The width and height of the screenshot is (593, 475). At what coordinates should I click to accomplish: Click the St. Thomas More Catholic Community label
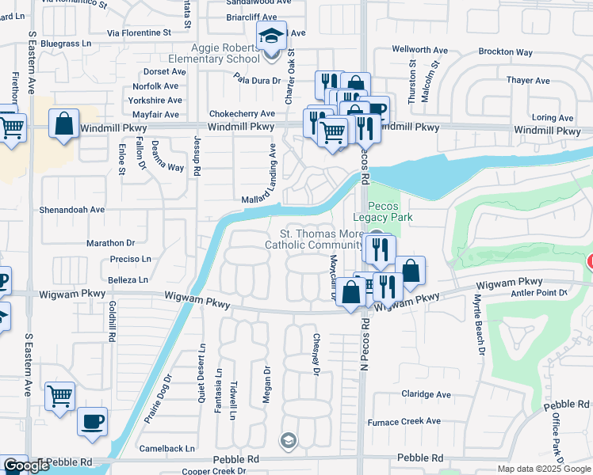(324, 240)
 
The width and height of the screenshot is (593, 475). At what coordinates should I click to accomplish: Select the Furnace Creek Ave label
(409, 421)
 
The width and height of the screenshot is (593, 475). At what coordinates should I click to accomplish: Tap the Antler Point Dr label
(541, 293)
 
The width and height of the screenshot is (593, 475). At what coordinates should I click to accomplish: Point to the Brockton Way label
(506, 51)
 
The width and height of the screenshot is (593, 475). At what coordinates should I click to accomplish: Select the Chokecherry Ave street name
(242, 114)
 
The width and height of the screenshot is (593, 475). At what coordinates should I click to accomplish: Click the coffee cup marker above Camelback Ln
(93, 420)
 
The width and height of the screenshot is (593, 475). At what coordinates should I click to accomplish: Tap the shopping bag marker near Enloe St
(63, 124)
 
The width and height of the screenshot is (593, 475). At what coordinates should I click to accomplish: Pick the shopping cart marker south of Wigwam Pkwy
(60, 396)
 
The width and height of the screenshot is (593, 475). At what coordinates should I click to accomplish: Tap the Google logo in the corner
(26, 465)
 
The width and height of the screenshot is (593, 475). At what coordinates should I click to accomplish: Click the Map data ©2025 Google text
(543, 469)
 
